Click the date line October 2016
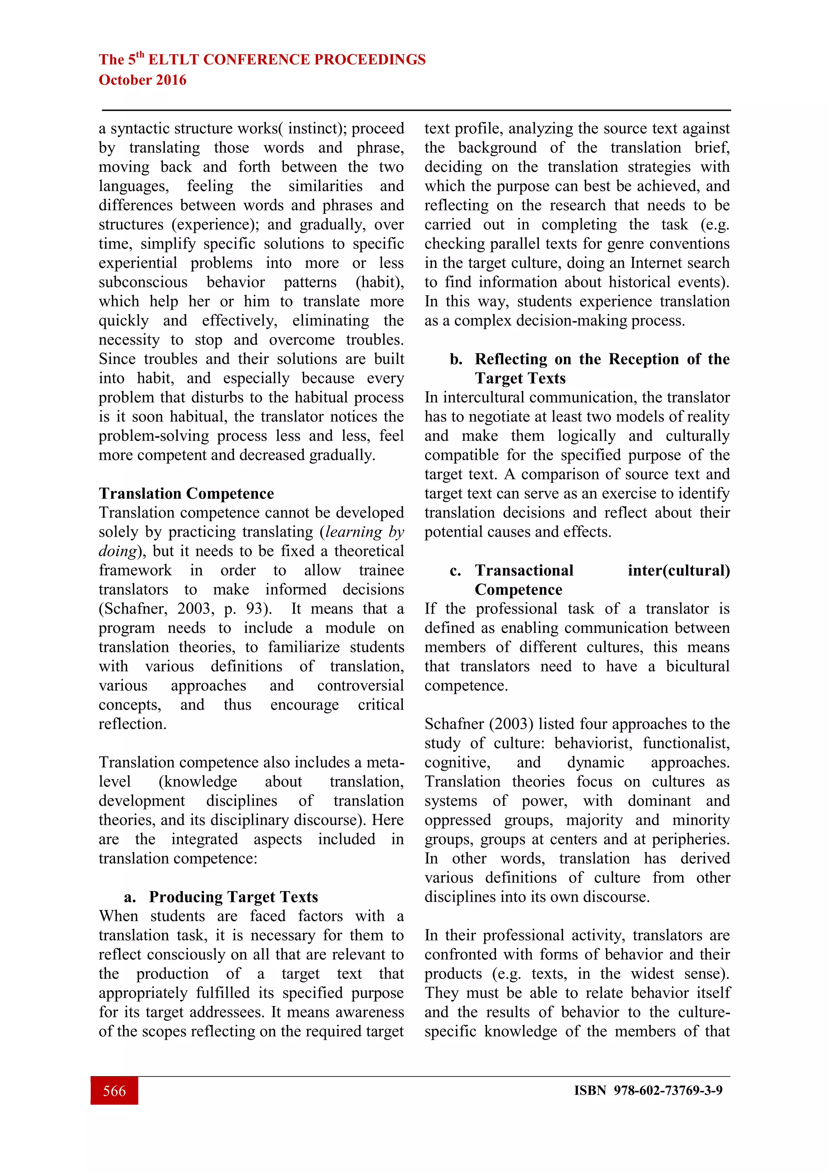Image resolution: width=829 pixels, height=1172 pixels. (142, 80)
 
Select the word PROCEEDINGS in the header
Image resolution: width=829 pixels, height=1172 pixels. (370, 60)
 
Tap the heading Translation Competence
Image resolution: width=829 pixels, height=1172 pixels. (186, 494)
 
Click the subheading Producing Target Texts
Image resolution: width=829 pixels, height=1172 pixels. (233, 897)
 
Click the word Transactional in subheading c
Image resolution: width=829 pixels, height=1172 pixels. (524, 570)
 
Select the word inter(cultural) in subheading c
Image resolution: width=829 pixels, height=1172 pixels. (678, 570)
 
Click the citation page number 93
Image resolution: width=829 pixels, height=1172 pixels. (254, 609)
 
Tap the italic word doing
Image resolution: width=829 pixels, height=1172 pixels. (117, 551)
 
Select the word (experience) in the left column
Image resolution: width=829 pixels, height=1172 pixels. (215, 225)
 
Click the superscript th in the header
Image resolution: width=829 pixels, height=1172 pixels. (140, 55)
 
